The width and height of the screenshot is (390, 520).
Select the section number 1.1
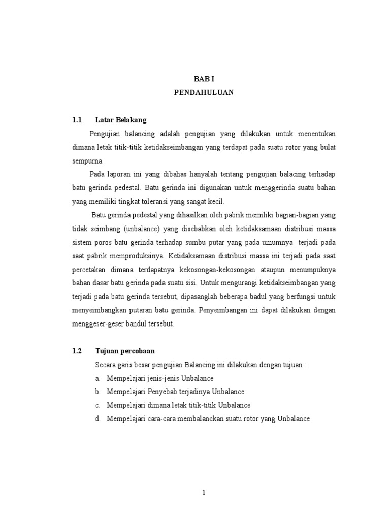point(77,120)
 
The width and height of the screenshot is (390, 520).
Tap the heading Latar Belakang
point(121,120)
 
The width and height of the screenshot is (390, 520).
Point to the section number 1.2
point(77,351)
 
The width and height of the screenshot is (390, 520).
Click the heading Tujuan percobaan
point(125,351)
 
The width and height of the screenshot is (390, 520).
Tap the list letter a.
point(97,378)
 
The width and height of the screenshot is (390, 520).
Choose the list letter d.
point(97,419)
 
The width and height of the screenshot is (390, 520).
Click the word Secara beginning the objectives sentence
point(106,365)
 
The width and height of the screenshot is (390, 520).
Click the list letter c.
point(97,406)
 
